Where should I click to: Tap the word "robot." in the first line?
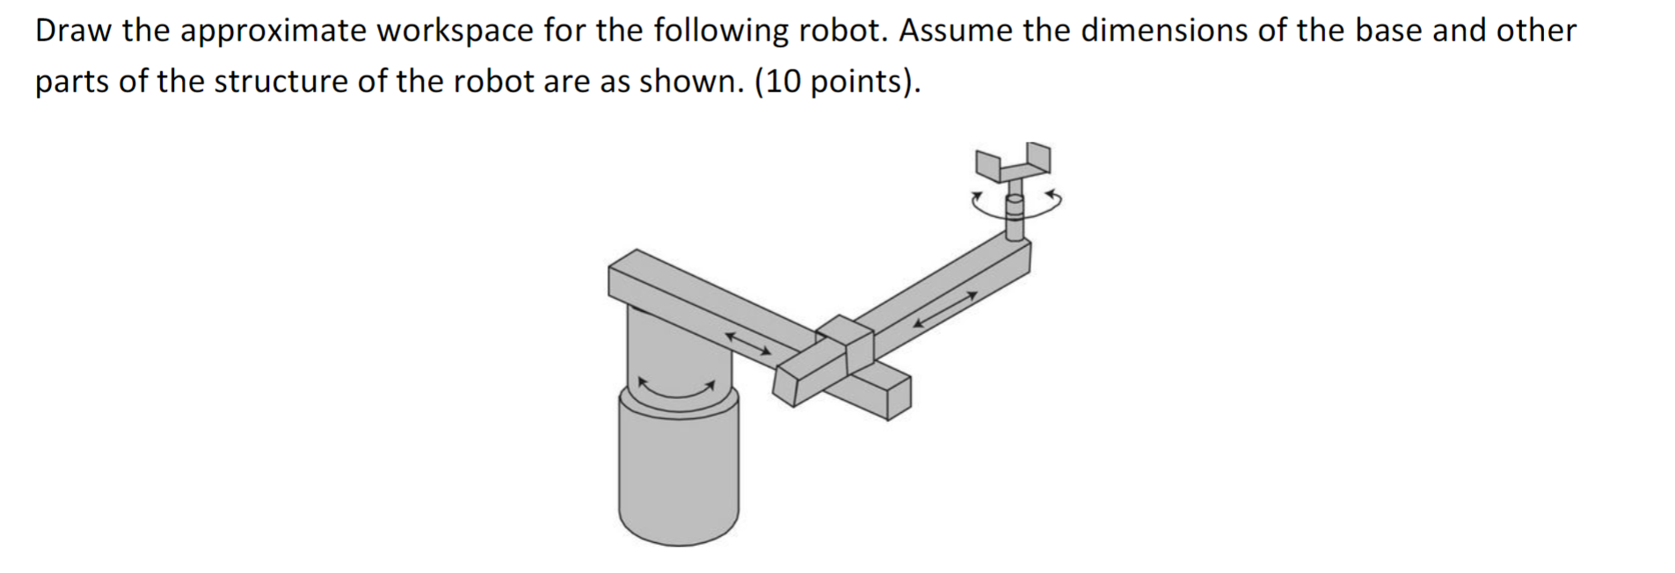[840, 31]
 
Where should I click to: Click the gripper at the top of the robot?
[1012, 163]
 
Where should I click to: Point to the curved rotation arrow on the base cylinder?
[675, 389]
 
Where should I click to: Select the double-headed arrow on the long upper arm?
[944, 309]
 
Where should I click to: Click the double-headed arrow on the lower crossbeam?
[747, 343]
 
